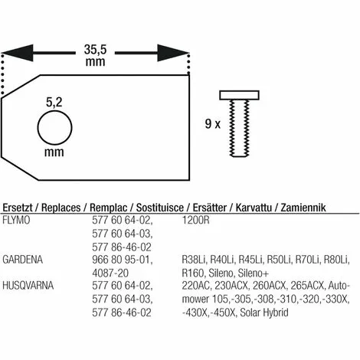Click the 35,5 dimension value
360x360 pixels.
tap(95, 50)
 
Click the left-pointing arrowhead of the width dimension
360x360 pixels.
tap(18, 53)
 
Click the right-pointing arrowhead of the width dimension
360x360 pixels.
tap(173, 53)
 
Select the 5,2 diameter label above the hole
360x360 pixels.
tap(54, 103)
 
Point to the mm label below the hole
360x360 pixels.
tap(54, 152)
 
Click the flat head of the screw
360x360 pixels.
tap(240, 95)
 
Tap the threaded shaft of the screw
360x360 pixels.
tap(239, 128)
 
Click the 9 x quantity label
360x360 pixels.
tap(213, 124)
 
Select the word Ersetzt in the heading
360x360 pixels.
tap(18, 208)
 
